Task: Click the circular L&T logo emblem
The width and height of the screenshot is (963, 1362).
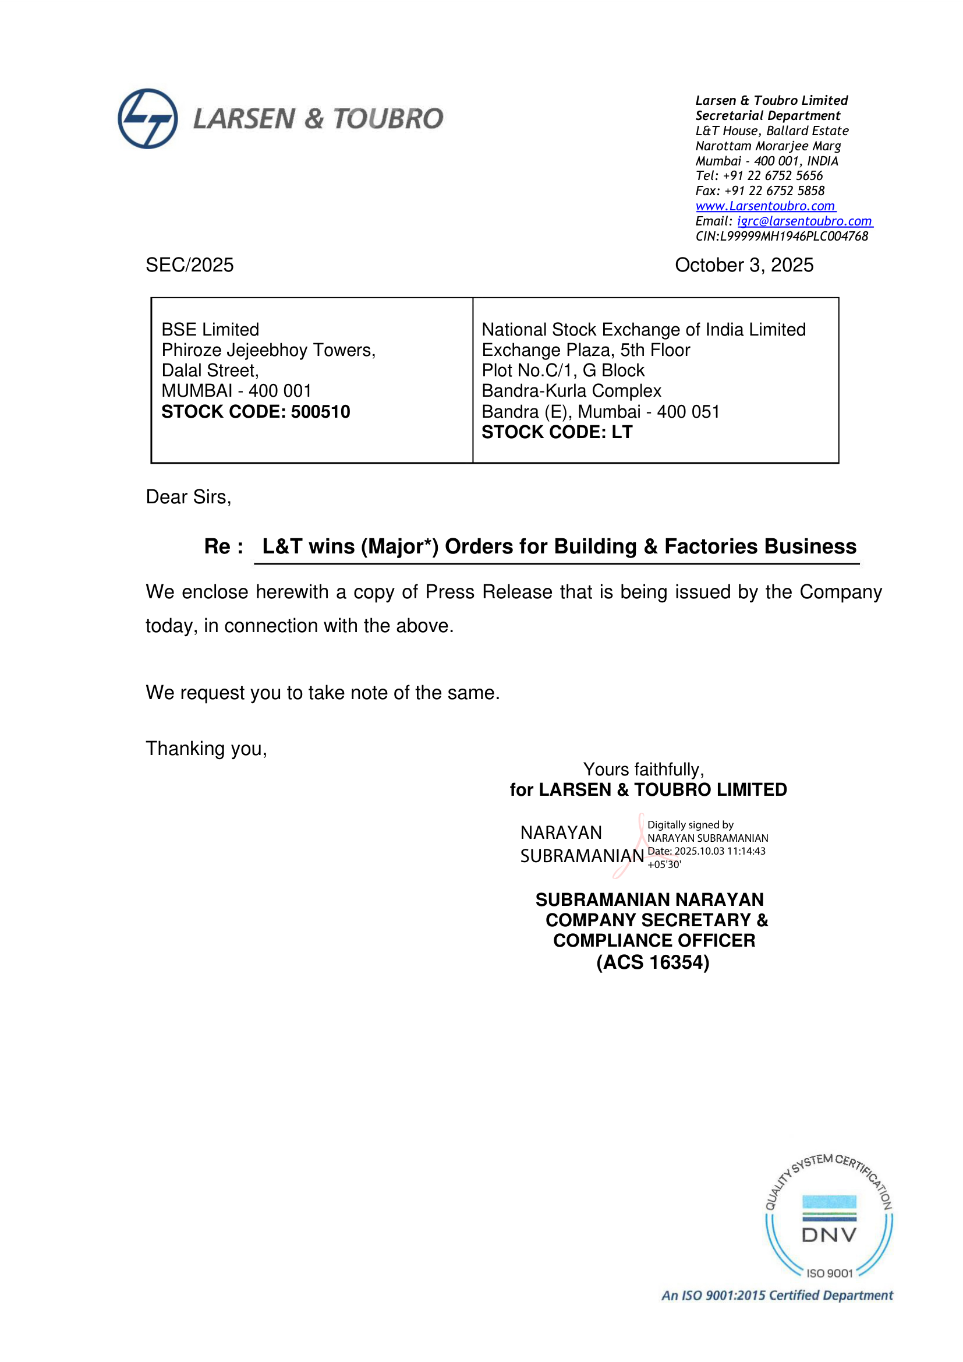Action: [148, 119]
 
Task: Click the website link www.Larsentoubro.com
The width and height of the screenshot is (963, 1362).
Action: [765, 206]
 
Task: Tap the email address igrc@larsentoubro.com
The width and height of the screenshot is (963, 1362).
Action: [804, 221]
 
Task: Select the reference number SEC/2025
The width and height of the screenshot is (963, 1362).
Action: [190, 265]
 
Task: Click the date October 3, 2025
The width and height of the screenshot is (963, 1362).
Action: [744, 265]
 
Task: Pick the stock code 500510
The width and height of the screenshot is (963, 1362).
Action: [320, 412]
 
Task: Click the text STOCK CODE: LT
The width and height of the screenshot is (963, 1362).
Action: [557, 432]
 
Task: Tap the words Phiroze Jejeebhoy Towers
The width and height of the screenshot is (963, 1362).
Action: [268, 350]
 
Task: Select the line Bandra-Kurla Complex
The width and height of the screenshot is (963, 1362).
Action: [571, 391]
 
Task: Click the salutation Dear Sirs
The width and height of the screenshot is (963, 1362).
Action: [188, 497]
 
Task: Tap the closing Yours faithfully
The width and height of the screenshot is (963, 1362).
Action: [643, 770]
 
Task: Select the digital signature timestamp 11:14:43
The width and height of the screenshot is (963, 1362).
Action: [746, 851]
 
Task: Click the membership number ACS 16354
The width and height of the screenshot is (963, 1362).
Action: [653, 962]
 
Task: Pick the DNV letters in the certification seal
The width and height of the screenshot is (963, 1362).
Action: [829, 1235]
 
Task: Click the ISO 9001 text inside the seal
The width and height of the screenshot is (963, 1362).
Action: [829, 1273]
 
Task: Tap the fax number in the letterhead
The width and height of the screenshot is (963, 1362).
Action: [774, 191]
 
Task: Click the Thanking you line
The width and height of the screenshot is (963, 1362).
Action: [206, 749]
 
